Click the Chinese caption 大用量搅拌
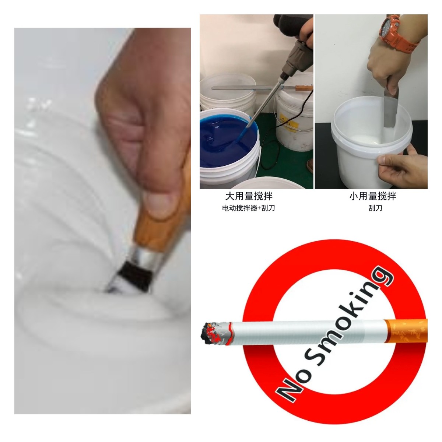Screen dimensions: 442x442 point(249,196)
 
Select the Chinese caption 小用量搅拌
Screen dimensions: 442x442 point(373,196)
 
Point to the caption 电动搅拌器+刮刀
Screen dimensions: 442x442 point(249,208)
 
